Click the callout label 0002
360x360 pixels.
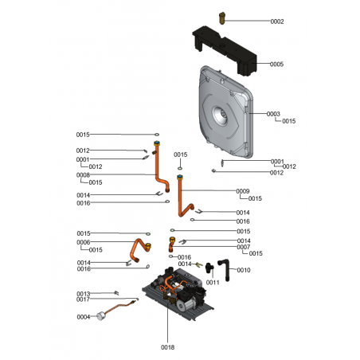pyautogui.click(x=277, y=22)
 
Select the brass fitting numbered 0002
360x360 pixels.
pyautogui.click(x=222, y=18)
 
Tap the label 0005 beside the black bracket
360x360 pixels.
pyautogui.click(x=276, y=65)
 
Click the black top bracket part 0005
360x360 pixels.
pyautogui.click(x=225, y=50)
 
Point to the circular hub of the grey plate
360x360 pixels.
pyautogui.click(x=220, y=115)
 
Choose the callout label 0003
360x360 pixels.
pyautogui.click(x=273, y=114)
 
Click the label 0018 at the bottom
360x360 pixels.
pyautogui.click(x=168, y=347)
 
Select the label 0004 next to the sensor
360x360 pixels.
pyautogui.click(x=84, y=317)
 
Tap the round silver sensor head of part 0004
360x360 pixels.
pyautogui.click(x=100, y=316)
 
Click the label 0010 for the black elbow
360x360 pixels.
pyautogui.click(x=244, y=270)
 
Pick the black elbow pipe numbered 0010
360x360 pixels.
pyautogui.click(x=225, y=269)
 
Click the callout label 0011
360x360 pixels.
pyautogui.click(x=213, y=283)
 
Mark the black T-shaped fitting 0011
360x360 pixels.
pyautogui.click(x=209, y=268)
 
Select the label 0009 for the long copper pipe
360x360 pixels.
pyautogui.click(x=243, y=191)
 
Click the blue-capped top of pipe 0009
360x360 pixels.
pyautogui.click(x=180, y=177)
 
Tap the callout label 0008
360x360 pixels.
pyautogui.click(x=83, y=175)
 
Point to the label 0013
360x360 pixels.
pyautogui.click(x=84, y=294)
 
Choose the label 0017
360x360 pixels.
pyautogui.click(x=83, y=299)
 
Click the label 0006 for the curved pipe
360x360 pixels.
pyautogui.click(x=84, y=242)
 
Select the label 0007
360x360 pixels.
pyautogui.click(x=244, y=247)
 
